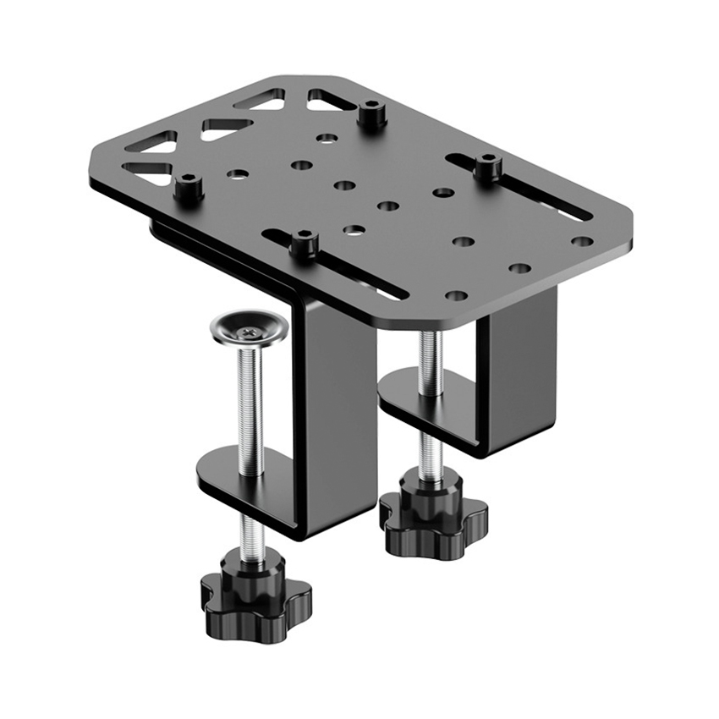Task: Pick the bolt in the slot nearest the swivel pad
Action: click(x=303, y=244)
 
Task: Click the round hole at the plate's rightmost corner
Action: click(x=581, y=241)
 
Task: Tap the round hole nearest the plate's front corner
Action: click(x=456, y=296)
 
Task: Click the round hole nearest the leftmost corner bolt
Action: click(x=238, y=174)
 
